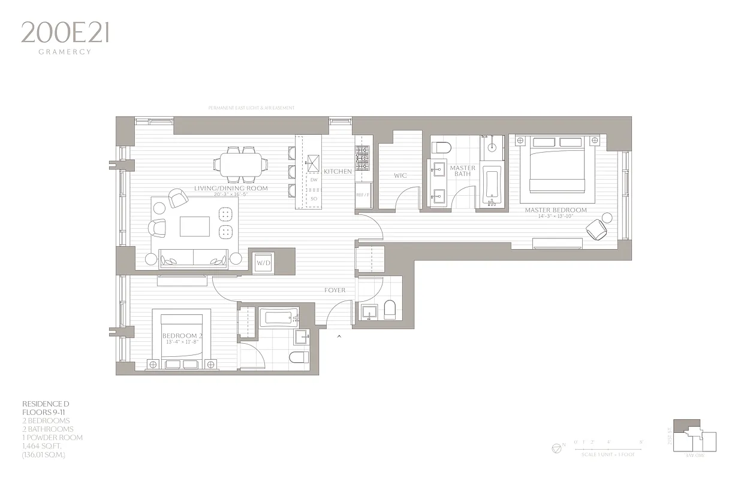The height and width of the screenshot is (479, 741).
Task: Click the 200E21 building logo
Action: tap(65, 33)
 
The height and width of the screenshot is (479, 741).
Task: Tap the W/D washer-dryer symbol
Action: tap(264, 263)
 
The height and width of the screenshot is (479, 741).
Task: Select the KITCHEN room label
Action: tap(338, 172)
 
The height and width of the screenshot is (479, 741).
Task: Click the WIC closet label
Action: tap(400, 176)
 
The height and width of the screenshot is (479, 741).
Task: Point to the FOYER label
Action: tap(335, 290)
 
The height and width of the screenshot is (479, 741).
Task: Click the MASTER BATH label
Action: tap(462, 171)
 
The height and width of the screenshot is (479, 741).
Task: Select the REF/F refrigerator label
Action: tap(363, 195)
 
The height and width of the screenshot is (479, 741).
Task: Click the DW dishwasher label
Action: tap(314, 180)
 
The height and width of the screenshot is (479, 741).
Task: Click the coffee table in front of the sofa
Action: tap(195, 228)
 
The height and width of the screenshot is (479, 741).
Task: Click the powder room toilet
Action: tap(390, 310)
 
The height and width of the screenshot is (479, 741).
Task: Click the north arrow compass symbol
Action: tap(556, 448)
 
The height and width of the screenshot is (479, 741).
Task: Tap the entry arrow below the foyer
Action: tap(339, 336)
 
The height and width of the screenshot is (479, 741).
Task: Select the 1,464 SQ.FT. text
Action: tap(44, 446)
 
